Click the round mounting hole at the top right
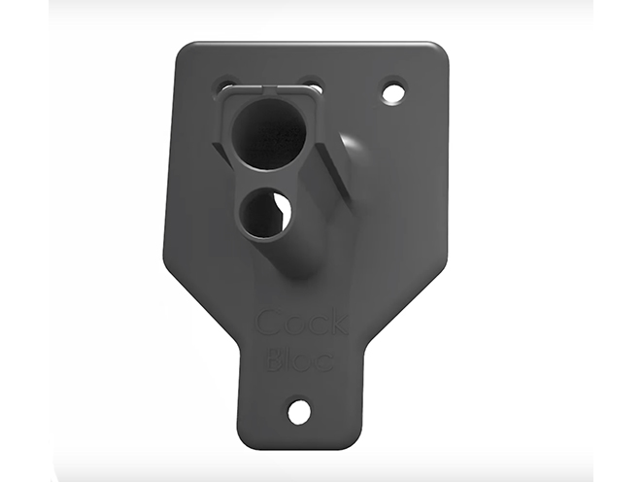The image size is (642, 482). [x=393, y=93]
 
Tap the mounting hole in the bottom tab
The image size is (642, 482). [x=299, y=412]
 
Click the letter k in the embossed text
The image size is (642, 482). [x=338, y=323]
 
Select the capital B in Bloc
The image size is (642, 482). [x=275, y=358]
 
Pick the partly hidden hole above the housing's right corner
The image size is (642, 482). [x=311, y=84]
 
